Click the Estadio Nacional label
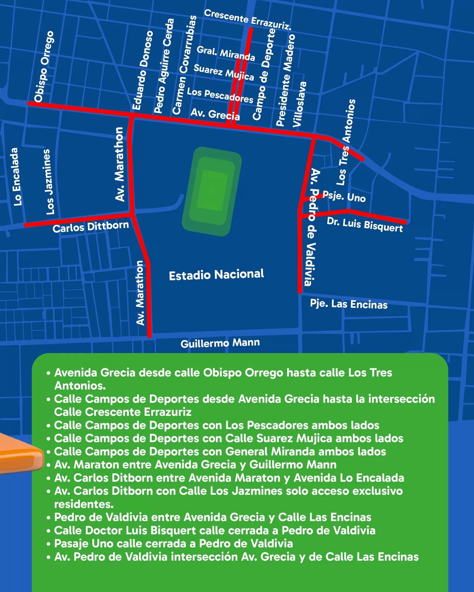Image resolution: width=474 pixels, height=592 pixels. (216, 275)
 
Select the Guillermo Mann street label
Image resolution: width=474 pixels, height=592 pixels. (220, 343)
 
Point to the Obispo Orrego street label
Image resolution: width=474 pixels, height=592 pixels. (44, 66)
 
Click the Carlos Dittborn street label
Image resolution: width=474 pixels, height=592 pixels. (91, 227)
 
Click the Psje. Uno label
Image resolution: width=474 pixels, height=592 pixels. (344, 197)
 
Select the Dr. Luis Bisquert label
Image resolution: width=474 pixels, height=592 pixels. (365, 225)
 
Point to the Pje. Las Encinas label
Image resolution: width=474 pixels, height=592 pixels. (348, 304)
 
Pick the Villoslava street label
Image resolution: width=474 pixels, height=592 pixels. (300, 104)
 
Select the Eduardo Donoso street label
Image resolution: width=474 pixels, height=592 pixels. (143, 70)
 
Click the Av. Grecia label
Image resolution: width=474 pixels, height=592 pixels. (215, 114)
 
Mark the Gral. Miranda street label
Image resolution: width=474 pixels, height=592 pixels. (226, 53)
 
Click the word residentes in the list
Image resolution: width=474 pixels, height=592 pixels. (84, 504)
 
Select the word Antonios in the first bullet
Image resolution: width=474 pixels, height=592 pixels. (80, 386)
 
